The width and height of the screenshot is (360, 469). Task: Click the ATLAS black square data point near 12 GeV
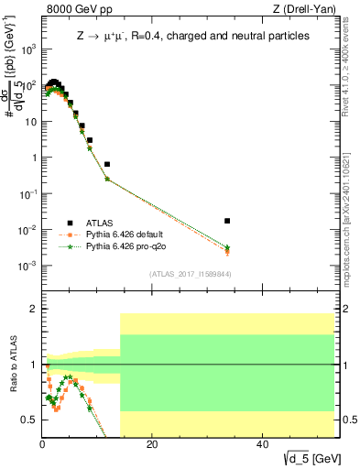107,164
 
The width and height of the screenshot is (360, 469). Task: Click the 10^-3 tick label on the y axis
28,266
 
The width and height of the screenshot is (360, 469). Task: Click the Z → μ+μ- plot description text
192,36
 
